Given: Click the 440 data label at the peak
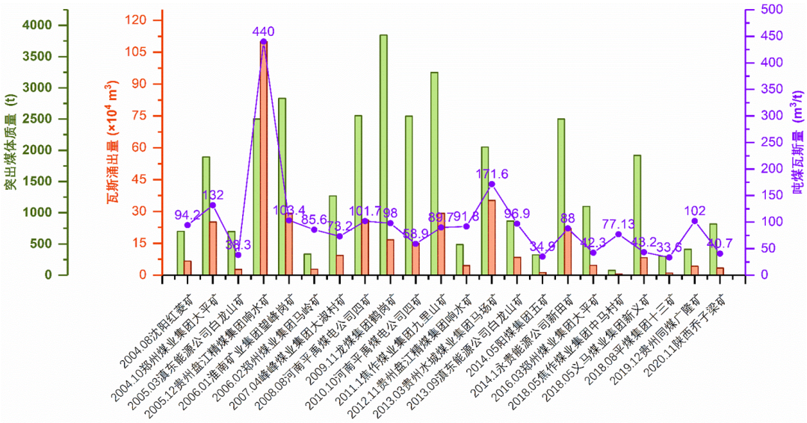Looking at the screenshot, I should click(x=264, y=31).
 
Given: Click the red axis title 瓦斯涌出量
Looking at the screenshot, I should click(x=113, y=142).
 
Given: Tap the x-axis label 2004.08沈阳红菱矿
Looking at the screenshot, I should click(x=153, y=327).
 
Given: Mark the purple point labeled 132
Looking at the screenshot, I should click(x=212, y=205).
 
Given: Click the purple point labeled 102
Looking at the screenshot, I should click(x=694, y=220).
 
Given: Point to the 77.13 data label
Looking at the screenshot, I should click(x=618, y=223).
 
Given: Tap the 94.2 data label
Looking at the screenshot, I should click(x=188, y=214).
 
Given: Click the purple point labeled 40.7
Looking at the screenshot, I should click(x=720, y=253).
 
